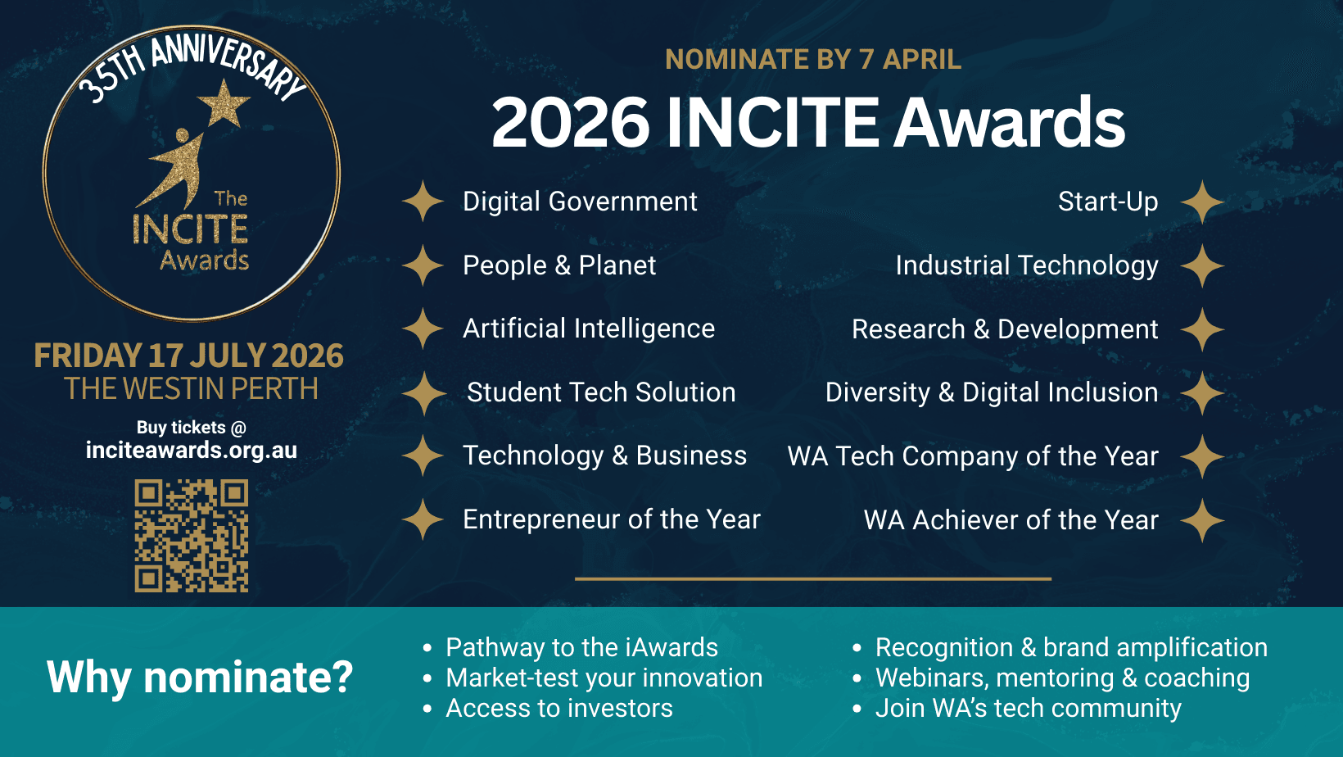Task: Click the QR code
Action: click(x=192, y=536)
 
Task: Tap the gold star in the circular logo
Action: click(x=224, y=104)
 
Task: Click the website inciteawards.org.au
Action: click(x=192, y=450)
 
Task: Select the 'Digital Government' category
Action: click(x=580, y=202)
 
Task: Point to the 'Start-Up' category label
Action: click(x=1108, y=202)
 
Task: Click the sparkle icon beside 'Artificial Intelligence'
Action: click(x=423, y=329)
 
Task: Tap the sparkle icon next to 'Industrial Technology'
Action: click(x=1202, y=265)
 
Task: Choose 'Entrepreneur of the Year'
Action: click(x=612, y=519)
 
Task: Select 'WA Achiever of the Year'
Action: click(x=1011, y=520)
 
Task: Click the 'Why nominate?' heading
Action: click(x=200, y=677)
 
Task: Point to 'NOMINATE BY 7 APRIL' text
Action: click(x=813, y=59)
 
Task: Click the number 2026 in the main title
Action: click(x=570, y=122)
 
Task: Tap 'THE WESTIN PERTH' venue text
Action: click(x=192, y=388)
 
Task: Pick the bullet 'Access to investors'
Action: click(x=559, y=709)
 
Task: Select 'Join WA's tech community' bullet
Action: click(x=1029, y=709)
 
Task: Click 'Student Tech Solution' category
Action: click(x=601, y=392)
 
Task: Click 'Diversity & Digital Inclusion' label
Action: click(x=992, y=392)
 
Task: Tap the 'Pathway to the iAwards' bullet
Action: click(x=581, y=648)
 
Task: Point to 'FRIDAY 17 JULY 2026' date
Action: click(x=189, y=355)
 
